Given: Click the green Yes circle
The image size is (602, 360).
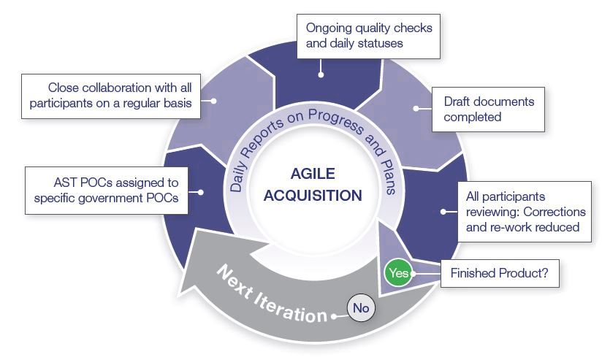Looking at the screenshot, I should pos(398,273).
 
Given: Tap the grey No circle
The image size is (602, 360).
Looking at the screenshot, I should pos(360,308).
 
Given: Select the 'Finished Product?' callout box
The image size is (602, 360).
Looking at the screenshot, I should pos(499,275).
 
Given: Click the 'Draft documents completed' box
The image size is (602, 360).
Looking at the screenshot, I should pos(488,110).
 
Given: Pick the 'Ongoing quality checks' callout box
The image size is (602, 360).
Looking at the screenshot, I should pos(369,36).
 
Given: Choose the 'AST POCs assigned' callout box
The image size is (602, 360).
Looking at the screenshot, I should pos(106,190).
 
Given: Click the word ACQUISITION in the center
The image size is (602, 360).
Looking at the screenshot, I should pos(313,195).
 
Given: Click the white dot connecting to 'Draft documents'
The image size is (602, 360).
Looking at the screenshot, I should pos(416,108).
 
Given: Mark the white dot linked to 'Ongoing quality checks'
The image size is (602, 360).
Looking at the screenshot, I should pos(320,73).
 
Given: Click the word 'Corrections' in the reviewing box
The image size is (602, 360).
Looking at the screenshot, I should pos(554,212).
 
